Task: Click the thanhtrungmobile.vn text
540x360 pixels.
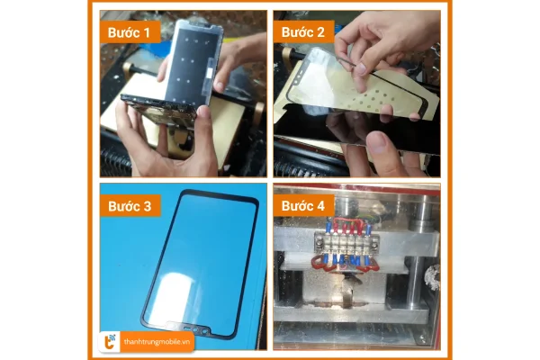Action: pos(159,339)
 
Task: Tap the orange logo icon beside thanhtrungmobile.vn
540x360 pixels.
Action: pos(110,339)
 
